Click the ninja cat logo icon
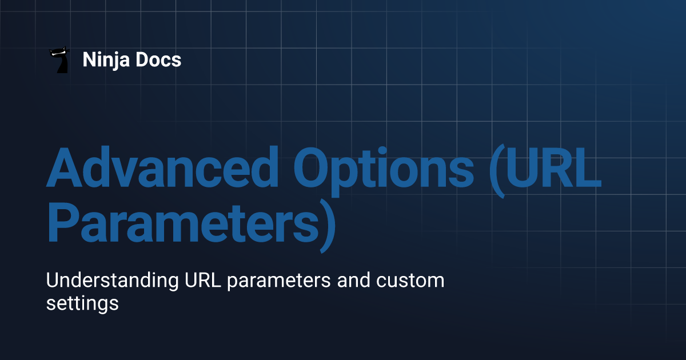point(60,59)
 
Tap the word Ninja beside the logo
point(106,60)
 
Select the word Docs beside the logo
point(158,59)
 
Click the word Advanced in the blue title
point(162,167)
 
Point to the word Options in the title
point(384,171)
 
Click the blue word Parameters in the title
point(184,222)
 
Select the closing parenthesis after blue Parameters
point(328,226)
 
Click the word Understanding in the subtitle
point(113,281)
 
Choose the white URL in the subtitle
point(203,280)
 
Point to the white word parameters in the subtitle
point(279,282)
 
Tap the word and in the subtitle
point(354,280)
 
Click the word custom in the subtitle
point(410,281)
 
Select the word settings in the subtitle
point(82,303)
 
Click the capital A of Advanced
point(64,167)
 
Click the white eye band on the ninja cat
point(58,54)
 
